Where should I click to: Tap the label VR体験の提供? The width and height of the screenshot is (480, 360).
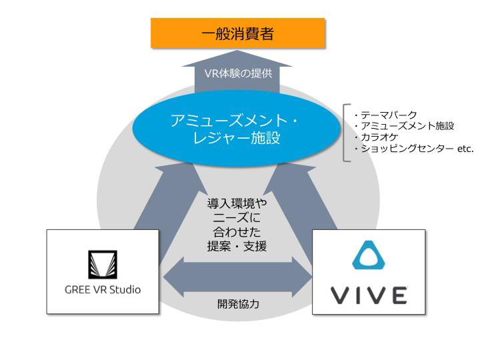pos(237,73)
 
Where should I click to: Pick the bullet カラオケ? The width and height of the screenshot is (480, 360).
pos(379,137)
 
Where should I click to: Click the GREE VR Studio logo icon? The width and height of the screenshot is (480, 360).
pos(103,264)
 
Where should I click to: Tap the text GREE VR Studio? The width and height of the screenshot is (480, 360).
pos(103,289)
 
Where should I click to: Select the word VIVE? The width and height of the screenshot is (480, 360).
pos(368,294)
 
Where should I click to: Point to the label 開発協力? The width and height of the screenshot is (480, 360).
pos(237,304)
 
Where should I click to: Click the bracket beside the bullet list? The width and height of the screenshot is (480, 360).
pos(345,131)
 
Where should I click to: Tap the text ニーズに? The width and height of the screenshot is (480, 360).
pos(237,217)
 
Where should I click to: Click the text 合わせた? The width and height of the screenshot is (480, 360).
pos(237,232)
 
